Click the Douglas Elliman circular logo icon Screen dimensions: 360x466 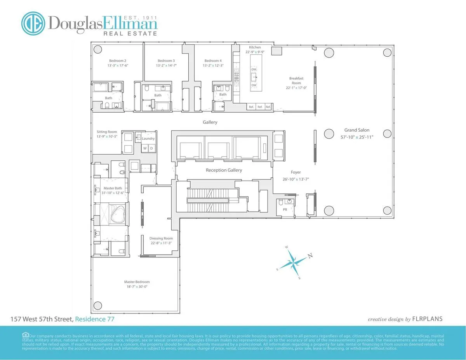pyautogui.click(x=33, y=23)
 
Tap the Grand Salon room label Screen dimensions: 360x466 pyautogui.click(x=356, y=130)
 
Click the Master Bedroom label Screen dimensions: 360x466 pyautogui.click(x=137, y=282)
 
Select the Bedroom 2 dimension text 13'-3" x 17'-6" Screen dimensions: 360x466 pyautogui.click(x=117, y=66)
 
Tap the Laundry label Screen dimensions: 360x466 pyautogui.click(x=148, y=139)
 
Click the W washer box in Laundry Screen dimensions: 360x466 pyautogui.click(x=145, y=148)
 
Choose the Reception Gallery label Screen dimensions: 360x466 pyautogui.click(x=224, y=170)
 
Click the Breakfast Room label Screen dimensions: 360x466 pyautogui.click(x=296, y=81)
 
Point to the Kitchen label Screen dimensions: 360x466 pyautogui.click(x=255, y=47)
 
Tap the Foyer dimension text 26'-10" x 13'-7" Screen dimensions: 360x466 pyautogui.click(x=296, y=179)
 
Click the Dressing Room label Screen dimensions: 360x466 pyautogui.click(x=161, y=238)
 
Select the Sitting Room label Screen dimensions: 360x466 pyautogui.click(x=107, y=132)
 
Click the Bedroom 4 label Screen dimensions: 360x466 pyautogui.click(x=213, y=61)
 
